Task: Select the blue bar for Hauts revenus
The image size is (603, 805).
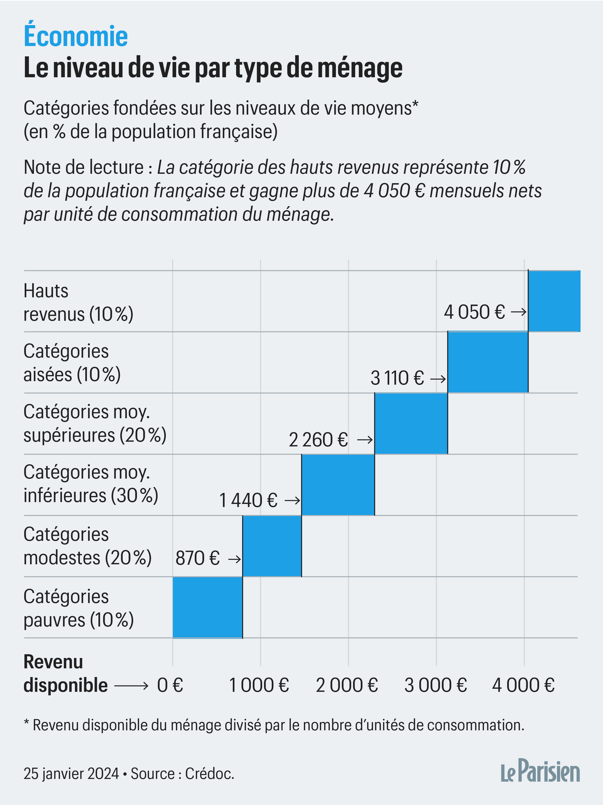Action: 554,301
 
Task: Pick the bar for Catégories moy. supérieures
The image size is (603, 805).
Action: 411,423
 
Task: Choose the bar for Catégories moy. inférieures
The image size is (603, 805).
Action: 338,485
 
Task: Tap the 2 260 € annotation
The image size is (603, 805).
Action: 318,440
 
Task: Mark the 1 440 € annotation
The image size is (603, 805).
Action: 248,500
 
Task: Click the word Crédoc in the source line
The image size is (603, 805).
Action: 209,774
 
